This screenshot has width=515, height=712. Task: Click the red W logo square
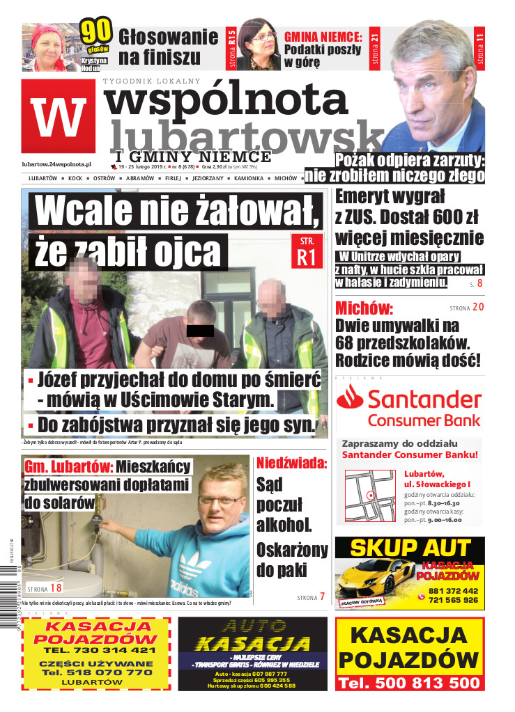[x=58, y=116]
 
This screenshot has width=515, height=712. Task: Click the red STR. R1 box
[x=307, y=251]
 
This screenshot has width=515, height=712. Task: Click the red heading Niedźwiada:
[x=291, y=463]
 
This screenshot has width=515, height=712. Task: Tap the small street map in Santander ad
[x=369, y=491]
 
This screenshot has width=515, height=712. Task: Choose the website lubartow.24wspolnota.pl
[x=57, y=164]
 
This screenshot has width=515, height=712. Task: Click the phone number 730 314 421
[x=98, y=649]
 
